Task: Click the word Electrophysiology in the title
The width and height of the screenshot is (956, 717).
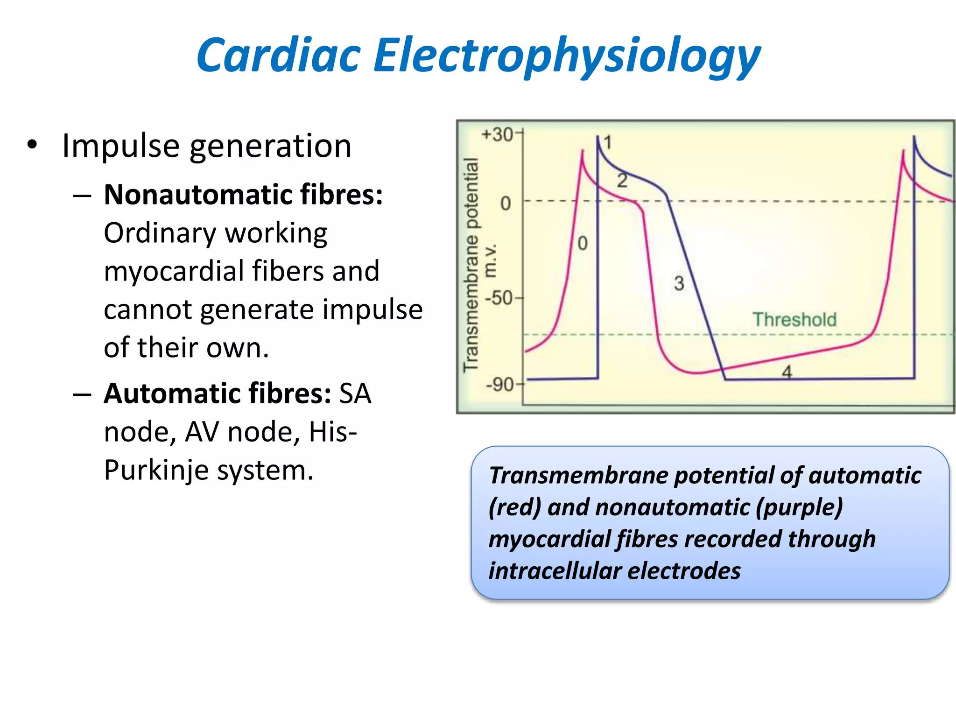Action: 567,56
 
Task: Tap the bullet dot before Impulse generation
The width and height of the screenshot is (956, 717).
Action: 32,144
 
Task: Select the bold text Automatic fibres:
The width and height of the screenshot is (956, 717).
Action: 218,393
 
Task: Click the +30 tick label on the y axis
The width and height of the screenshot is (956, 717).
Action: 498,134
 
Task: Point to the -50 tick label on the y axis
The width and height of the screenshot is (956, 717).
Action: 499,297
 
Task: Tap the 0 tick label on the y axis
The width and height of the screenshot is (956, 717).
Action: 506,204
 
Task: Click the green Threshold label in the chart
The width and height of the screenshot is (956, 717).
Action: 794,320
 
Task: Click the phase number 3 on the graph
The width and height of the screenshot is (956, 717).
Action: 679,283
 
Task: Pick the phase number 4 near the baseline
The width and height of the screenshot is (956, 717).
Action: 787,372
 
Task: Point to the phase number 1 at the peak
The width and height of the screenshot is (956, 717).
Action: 607,142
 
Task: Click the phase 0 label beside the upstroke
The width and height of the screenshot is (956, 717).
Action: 583,243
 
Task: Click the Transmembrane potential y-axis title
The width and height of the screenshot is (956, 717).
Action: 471,265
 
